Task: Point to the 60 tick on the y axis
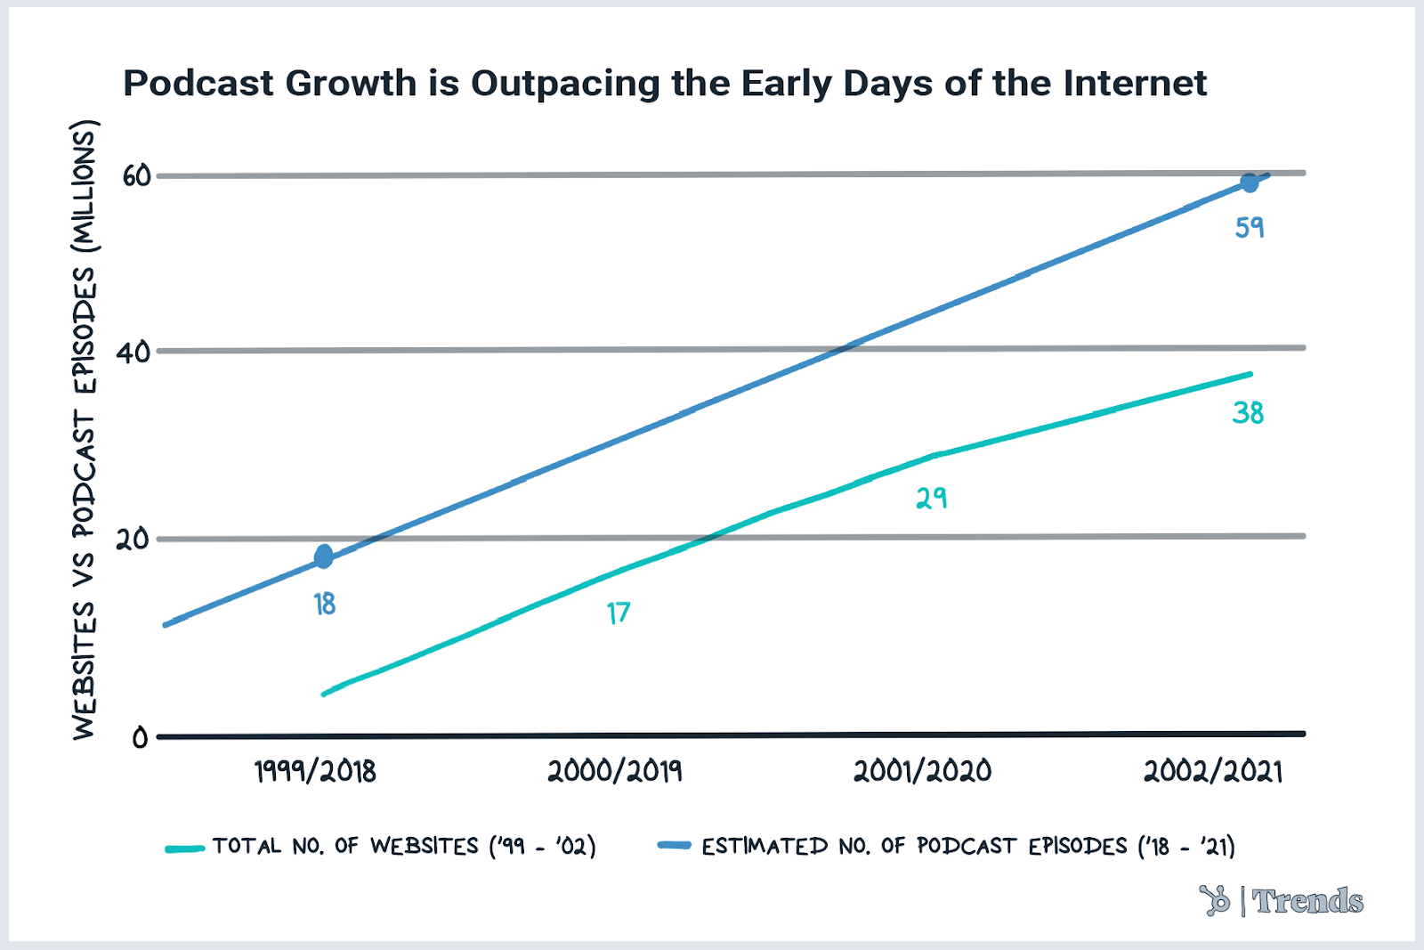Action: pos(137,176)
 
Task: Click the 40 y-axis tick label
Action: pos(134,353)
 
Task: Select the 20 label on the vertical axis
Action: pos(133,540)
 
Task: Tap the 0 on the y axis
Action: pos(140,738)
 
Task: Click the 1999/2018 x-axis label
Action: pos(315,771)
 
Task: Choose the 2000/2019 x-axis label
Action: pos(615,771)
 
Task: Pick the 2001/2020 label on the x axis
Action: pos(922,771)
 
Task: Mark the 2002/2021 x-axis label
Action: pos(1213,771)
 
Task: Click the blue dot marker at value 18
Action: pos(324,557)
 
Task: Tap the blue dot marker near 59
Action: pos(1250,183)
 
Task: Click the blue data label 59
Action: pos(1250,228)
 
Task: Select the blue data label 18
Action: pos(325,605)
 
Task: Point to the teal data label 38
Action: pos(1248,413)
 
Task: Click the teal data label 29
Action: pos(932,499)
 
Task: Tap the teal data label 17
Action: pos(619,613)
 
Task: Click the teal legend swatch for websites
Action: pos(185,849)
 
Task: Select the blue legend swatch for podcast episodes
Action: pos(675,845)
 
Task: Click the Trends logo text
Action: pos(1307,901)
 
